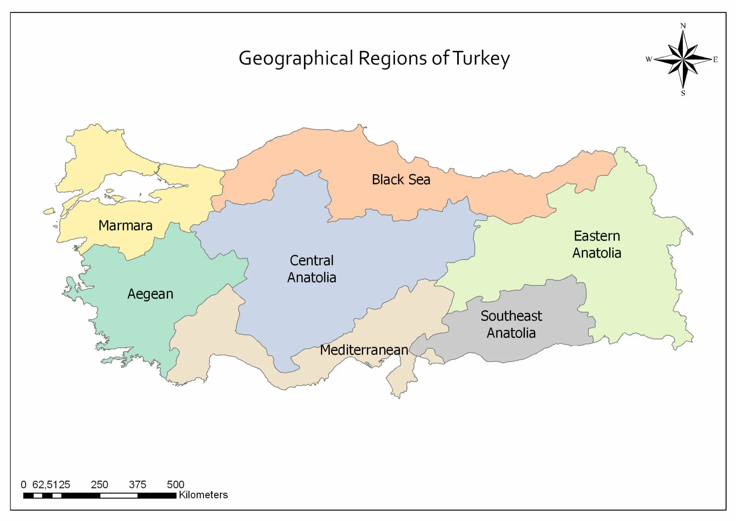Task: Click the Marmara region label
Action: [125, 226]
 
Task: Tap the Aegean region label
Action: [150, 294]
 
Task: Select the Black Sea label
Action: [401, 180]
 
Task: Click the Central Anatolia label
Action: [312, 269]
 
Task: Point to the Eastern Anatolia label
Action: [596, 244]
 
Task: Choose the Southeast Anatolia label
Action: [511, 324]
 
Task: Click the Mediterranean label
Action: [364, 350]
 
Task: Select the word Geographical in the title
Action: [296, 58]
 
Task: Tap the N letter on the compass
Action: [683, 26]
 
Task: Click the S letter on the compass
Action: [683, 93]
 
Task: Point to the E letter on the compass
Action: [715, 59]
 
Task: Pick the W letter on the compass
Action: [649, 59]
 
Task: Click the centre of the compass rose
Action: [683, 59]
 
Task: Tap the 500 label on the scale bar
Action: [176, 485]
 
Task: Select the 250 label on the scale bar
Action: [99, 485]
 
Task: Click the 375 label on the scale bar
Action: [137, 485]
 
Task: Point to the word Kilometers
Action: [203, 495]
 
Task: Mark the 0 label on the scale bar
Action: [23, 485]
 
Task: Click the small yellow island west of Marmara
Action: [49, 211]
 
